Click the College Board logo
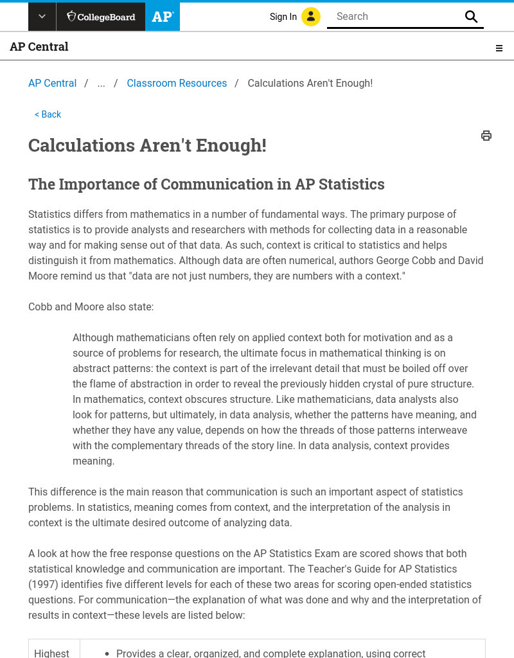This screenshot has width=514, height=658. (100, 17)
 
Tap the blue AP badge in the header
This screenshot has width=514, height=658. (163, 17)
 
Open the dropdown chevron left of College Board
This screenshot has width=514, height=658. (42, 17)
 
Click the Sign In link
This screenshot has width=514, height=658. (283, 17)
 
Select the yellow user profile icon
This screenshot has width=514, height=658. (311, 17)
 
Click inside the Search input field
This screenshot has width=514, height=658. (395, 17)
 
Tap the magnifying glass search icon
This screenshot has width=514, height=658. (472, 17)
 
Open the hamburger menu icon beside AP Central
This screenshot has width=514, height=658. (499, 48)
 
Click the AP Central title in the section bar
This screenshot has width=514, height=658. (39, 47)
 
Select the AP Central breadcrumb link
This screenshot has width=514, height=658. (52, 84)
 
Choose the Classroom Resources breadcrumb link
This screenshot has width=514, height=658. (177, 84)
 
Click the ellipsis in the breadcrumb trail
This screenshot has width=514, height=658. (101, 84)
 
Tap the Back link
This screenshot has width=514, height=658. (48, 114)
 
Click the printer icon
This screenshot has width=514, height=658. (486, 136)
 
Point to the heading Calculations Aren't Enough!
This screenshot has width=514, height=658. (147, 146)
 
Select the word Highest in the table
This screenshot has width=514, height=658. (51, 653)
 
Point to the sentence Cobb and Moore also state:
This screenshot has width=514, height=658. (91, 307)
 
